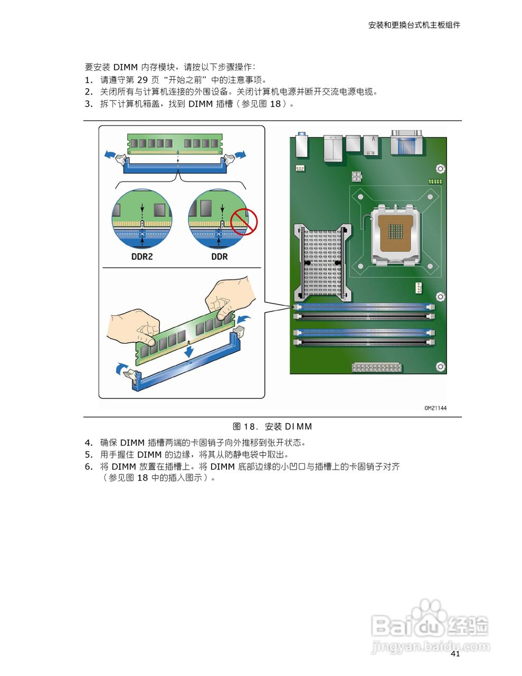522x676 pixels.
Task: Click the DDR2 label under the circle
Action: pyautogui.click(x=141, y=257)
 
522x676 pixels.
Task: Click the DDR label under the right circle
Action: pyautogui.click(x=219, y=257)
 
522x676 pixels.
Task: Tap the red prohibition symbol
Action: pyautogui.click(x=243, y=222)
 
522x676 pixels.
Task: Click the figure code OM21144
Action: pyautogui.click(x=435, y=408)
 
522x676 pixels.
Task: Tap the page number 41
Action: pyautogui.click(x=455, y=654)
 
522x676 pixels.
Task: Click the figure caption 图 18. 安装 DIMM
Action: pyautogui.click(x=272, y=426)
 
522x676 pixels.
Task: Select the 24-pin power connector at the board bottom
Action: pyautogui.click(x=376, y=367)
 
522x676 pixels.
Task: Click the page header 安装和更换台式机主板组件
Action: pyautogui.click(x=414, y=25)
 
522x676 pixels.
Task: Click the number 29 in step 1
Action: pyautogui.click(x=143, y=80)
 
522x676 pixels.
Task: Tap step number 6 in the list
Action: pyautogui.click(x=88, y=466)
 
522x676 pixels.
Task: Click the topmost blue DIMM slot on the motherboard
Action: pyautogui.click(x=364, y=306)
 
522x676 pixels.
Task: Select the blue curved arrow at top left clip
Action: pyautogui.click(x=110, y=154)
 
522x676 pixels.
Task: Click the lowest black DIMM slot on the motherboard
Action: pyautogui.click(x=364, y=342)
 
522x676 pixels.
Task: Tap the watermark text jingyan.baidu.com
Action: pyautogui.click(x=430, y=646)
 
